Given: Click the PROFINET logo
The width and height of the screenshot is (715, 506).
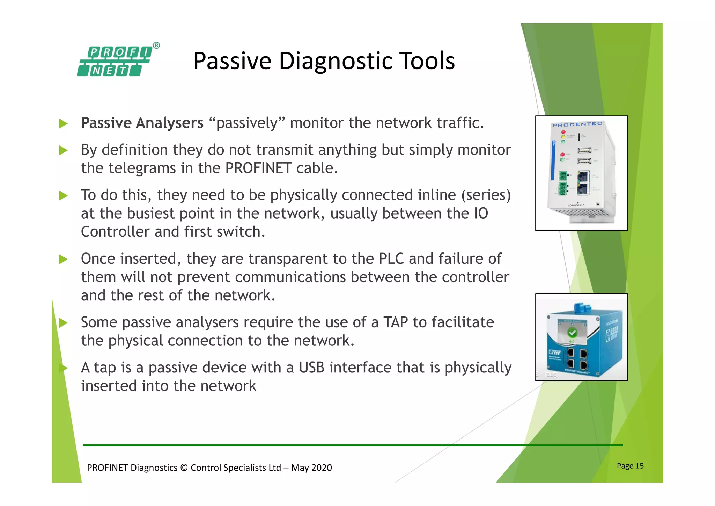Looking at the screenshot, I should [x=115, y=62].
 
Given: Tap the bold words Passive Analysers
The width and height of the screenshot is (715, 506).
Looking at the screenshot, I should [x=142, y=123].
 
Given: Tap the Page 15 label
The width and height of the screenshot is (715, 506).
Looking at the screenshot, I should [x=630, y=466].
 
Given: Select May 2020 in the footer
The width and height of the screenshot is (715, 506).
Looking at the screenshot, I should [x=311, y=468].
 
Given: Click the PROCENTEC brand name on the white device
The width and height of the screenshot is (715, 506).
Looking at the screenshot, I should [x=577, y=124].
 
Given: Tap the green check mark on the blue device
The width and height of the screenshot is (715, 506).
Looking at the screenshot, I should [x=572, y=332].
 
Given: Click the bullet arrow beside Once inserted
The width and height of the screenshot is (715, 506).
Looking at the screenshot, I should [x=63, y=259].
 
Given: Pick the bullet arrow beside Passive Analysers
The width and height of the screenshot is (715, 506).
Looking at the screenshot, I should [x=63, y=123].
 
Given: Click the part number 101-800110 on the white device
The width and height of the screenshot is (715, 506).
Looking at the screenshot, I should [x=576, y=205].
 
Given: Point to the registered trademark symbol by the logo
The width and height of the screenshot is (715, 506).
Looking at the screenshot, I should [x=156, y=45].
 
